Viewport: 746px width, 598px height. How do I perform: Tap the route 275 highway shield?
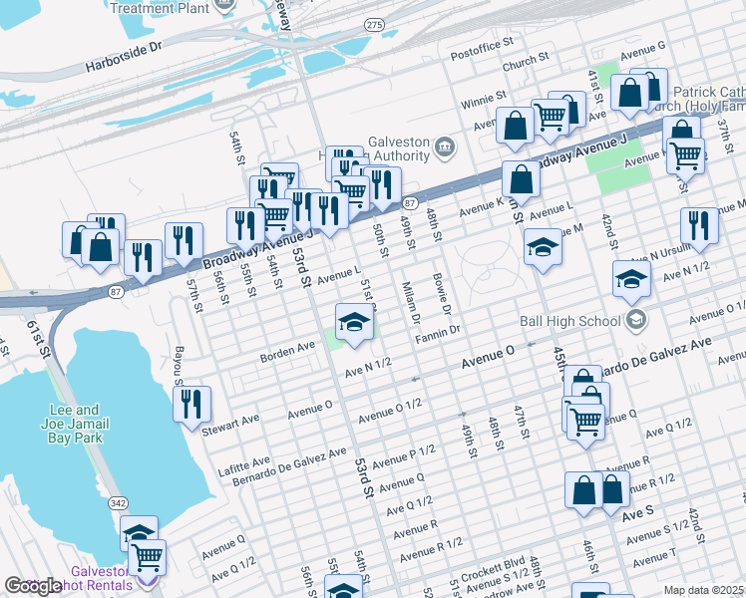pos(374,23)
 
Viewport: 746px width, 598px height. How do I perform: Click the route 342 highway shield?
pos(117,506)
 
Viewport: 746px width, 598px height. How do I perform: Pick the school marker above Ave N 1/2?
pos(351,323)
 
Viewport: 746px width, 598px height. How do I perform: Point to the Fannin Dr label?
pos(438,332)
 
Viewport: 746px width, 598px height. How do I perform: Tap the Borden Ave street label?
pos(287,352)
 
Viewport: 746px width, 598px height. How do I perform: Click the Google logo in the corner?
pos(34,586)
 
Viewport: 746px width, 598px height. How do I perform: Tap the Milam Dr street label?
pos(408,297)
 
